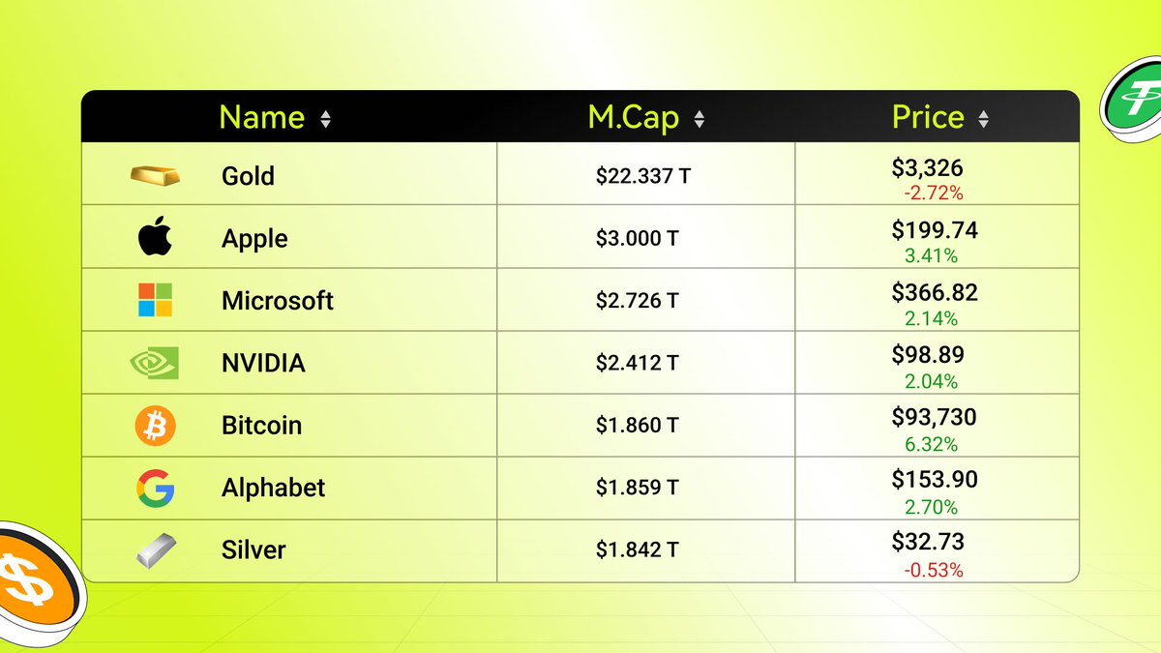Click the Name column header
[261, 117]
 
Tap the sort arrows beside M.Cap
[700, 119]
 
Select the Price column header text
[928, 117]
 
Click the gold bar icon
[155, 175]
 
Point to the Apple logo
[155, 237]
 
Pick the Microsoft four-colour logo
[155, 300]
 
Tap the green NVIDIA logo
[155, 363]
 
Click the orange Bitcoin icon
[155, 426]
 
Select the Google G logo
[155, 488]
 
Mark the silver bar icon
[155, 549]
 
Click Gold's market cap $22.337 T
[643, 176]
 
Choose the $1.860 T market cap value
[637, 426]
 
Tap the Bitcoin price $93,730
[934, 417]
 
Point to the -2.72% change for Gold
[934, 193]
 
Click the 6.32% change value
[931, 444]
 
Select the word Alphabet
[273, 488]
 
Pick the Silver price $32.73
[928, 542]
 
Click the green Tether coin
[1134, 102]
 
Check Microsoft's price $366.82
[935, 292]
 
